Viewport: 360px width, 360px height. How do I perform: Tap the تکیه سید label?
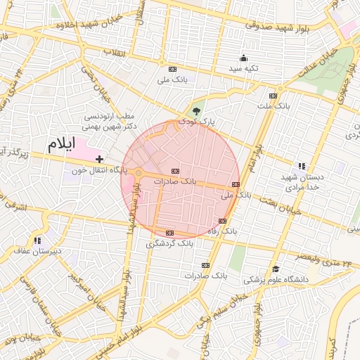243,69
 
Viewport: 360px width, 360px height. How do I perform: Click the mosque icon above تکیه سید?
243,58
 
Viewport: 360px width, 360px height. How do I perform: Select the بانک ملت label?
273,106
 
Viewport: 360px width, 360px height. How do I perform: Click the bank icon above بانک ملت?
273,96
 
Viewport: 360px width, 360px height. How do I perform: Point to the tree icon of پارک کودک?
196,111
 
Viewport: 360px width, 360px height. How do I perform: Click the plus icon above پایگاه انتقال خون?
99,160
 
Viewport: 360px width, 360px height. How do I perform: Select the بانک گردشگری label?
169,243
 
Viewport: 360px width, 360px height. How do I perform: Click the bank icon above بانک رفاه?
223,221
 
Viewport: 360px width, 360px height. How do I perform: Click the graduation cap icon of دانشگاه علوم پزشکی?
276,269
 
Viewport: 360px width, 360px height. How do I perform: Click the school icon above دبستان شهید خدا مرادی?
302,166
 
